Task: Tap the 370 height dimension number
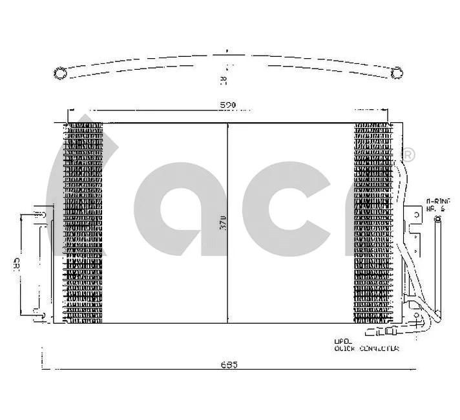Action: [x=222, y=222]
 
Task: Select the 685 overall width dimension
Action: [x=229, y=365]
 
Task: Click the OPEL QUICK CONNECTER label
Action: [x=366, y=345]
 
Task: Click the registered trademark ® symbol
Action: [x=408, y=156]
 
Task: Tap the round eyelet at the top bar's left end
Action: [x=59, y=74]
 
